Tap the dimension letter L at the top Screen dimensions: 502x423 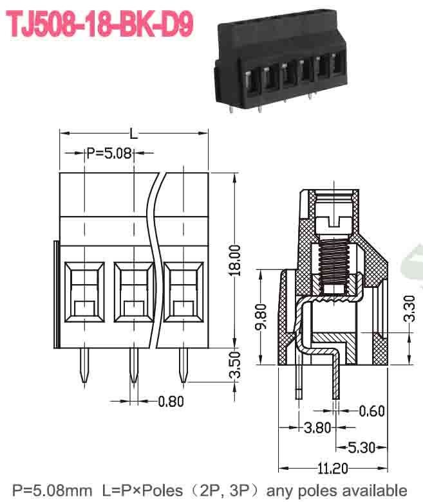(133, 134)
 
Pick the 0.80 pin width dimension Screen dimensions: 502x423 (171, 402)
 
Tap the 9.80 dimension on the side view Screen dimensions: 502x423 (260, 316)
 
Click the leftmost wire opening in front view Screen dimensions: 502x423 (84, 291)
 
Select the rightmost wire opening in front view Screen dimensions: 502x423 (183, 291)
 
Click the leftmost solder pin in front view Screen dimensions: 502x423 (84, 366)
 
